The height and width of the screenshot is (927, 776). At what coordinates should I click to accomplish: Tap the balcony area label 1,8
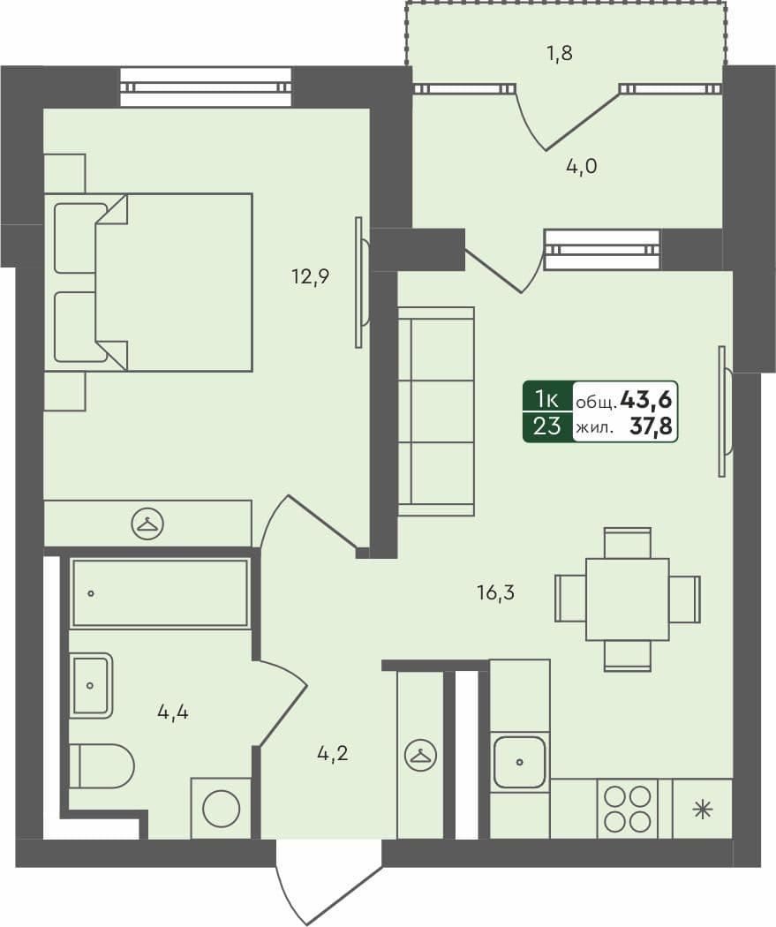pos(560,54)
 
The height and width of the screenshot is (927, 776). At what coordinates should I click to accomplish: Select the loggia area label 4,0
pos(582,166)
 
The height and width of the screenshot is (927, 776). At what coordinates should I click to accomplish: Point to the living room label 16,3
pos(494,592)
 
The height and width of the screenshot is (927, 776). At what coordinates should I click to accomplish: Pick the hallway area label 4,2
pos(332,754)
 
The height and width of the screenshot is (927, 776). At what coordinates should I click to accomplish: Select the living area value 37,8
pos(652,427)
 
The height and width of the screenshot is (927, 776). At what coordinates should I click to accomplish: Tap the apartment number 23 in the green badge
pos(547,427)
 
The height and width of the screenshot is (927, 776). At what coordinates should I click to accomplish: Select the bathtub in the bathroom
pos(160,593)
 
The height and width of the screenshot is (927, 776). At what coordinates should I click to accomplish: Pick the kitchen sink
pos(519,761)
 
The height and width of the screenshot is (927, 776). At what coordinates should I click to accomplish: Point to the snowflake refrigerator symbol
pos(702,809)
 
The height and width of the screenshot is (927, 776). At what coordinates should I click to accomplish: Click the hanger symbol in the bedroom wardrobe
pos(147,524)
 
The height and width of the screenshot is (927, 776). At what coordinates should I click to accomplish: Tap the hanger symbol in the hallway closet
pos(419,756)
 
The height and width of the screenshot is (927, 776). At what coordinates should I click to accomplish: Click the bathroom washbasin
pos(91,685)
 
